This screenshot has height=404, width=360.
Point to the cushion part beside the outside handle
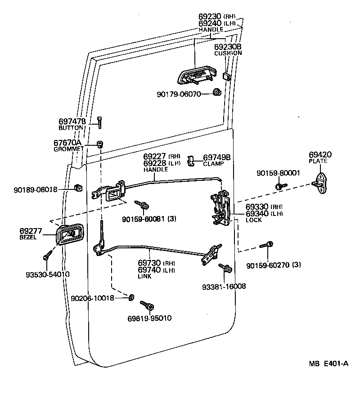(x=227, y=76)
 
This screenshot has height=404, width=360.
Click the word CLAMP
(x=213, y=164)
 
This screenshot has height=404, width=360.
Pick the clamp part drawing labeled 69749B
(x=192, y=159)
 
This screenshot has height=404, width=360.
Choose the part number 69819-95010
(x=149, y=318)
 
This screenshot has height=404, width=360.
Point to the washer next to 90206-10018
(x=131, y=297)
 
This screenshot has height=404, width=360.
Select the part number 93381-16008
(x=224, y=286)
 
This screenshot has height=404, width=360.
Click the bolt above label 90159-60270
(x=266, y=246)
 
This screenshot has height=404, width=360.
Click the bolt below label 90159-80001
(x=280, y=184)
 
